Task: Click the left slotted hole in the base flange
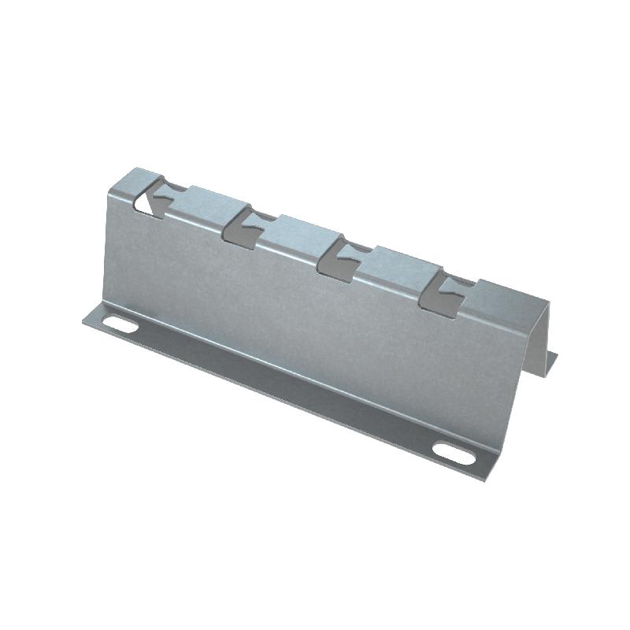tap(119, 323)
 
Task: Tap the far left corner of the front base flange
tap(85, 321)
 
